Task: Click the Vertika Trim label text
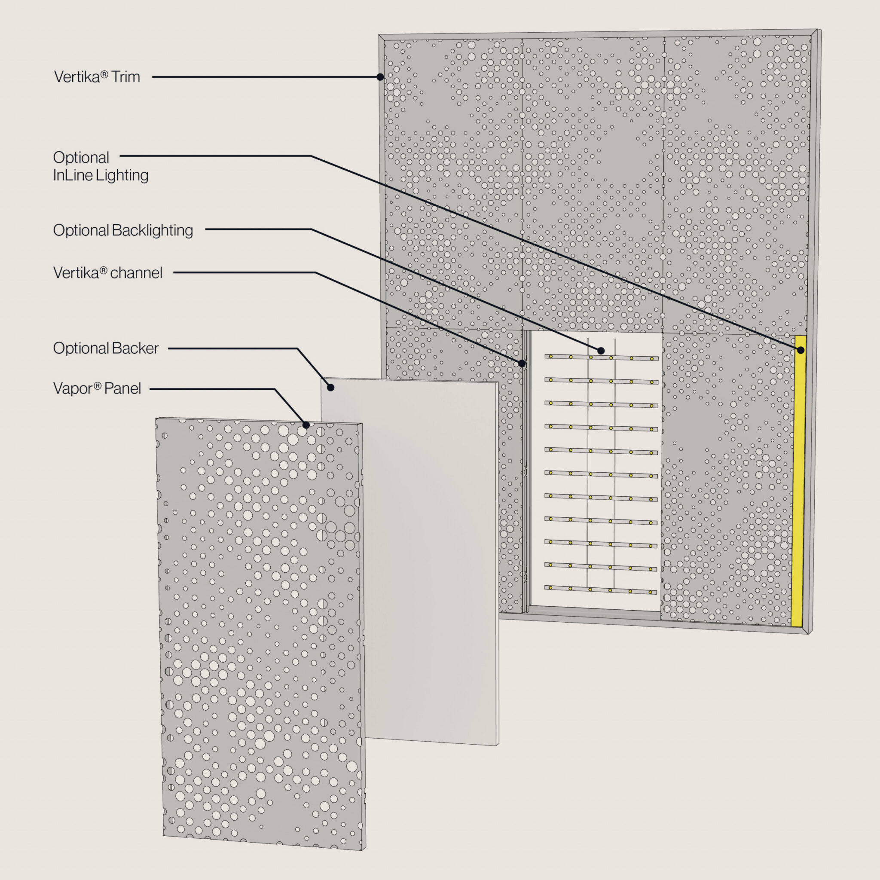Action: pos(97,76)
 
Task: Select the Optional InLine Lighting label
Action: pos(101,166)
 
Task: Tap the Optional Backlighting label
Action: pos(123,230)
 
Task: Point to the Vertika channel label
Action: pos(107,273)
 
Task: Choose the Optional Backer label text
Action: pos(106,348)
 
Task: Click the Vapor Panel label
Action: pos(97,388)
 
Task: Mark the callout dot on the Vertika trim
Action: pos(380,77)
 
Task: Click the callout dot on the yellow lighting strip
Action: pos(801,350)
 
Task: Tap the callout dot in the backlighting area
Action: pos(601,351)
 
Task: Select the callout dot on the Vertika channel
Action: pos(522,364)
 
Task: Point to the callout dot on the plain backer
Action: pos(331,388)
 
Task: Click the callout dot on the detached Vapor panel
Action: pos(306,425)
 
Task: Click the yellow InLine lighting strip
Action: pos(798,481)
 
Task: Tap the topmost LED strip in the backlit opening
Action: pos(601,357)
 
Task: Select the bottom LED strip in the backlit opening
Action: pos(601,590)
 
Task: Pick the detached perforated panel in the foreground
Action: pos(261,633)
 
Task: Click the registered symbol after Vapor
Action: pos(98,386)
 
